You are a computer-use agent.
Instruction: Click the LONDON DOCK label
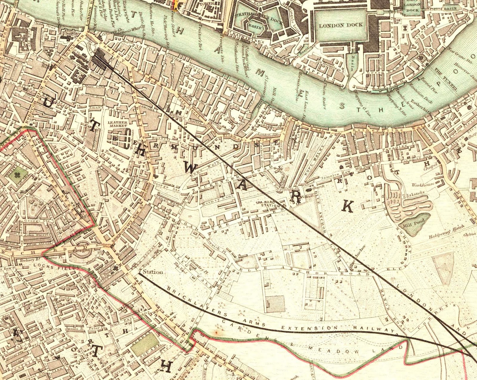341,25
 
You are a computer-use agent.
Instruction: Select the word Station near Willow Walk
153,272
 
